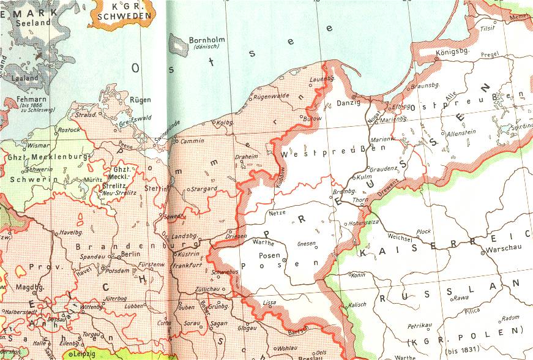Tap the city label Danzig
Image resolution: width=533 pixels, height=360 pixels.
pos(348,103)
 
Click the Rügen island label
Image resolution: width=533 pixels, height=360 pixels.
pos(140,100)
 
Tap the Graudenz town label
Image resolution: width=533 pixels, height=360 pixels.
pos(385,168)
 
